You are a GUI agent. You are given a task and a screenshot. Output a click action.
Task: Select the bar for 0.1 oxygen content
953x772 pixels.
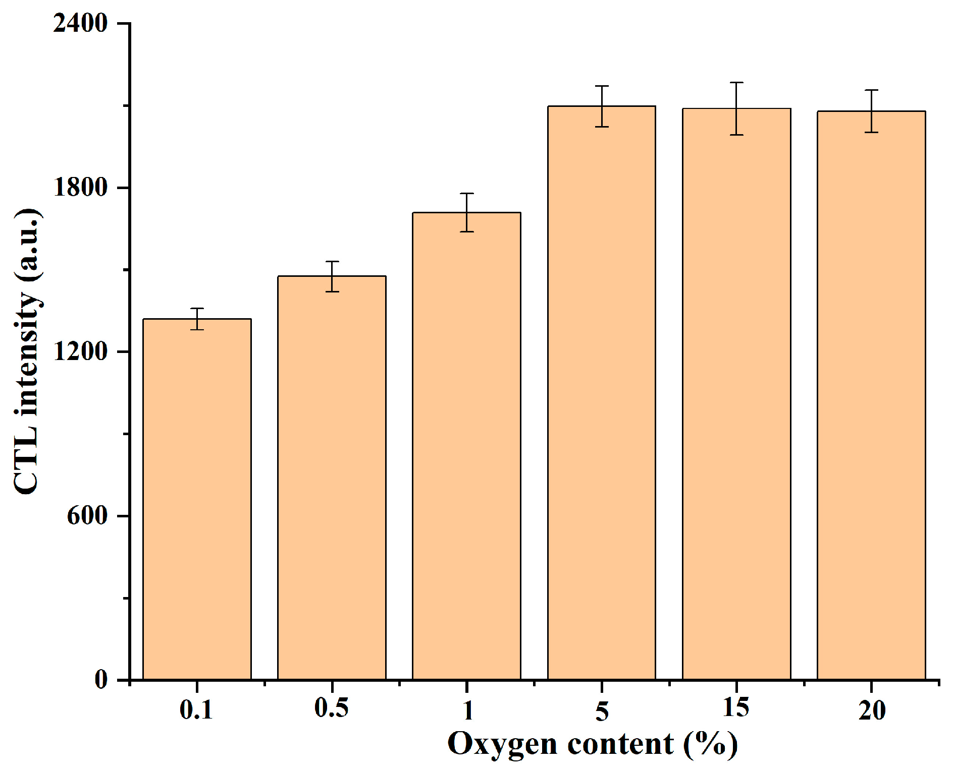[197, 499]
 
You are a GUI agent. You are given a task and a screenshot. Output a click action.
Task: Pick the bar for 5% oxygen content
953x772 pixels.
[602, 393]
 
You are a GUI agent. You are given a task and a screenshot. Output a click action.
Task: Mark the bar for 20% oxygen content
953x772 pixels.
[871, 396]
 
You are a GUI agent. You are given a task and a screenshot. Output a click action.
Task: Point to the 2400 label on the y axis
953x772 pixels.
[81, 23]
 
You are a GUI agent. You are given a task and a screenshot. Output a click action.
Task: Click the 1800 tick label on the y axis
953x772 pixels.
[81, 188]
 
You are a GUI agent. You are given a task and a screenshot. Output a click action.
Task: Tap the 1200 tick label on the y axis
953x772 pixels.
[81, 351]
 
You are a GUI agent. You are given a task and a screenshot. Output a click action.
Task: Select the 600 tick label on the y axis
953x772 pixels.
[88, 516]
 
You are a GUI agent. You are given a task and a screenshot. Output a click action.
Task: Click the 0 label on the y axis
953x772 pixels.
[101, 680]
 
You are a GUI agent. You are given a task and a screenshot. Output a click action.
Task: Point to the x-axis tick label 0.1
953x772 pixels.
[196, 710]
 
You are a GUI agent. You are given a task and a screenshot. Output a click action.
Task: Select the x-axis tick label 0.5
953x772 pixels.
[331, 708]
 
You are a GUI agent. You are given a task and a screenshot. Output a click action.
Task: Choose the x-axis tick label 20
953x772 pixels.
[872, 710]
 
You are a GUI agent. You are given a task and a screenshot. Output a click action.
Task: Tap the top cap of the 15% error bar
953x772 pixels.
[736, 82]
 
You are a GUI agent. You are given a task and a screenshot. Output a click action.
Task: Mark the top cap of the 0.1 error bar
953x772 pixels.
[197, 308]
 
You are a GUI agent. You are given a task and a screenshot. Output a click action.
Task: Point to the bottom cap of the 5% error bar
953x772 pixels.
[602, 127]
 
